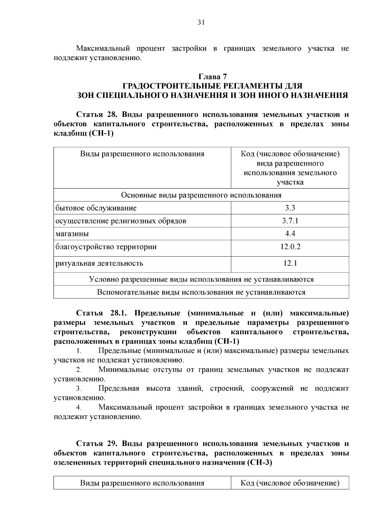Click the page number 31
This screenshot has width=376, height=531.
[x=201, y=22]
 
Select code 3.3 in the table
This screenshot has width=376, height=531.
[x=290, y=208]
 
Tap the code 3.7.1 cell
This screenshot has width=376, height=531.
[x=290, y=221]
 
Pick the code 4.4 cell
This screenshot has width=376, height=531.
[x=290, y=234]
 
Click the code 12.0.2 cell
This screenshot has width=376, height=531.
[x=290, y=247]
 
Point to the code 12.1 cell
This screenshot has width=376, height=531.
[x=290, y=263]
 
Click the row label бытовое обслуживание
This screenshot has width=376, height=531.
[x=96, y=208]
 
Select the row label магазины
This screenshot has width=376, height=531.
[x=72, y=234]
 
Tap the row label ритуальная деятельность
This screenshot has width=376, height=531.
[x=99, y=263]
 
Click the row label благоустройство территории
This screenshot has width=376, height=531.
[x=106, y=247]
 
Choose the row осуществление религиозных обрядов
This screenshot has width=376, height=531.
[x=121, y=221]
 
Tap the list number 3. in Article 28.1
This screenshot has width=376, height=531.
[x=79, y=389]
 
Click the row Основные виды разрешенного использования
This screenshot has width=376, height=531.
[x=201, y=195]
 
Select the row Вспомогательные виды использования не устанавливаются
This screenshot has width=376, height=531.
[x=201, y=292]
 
